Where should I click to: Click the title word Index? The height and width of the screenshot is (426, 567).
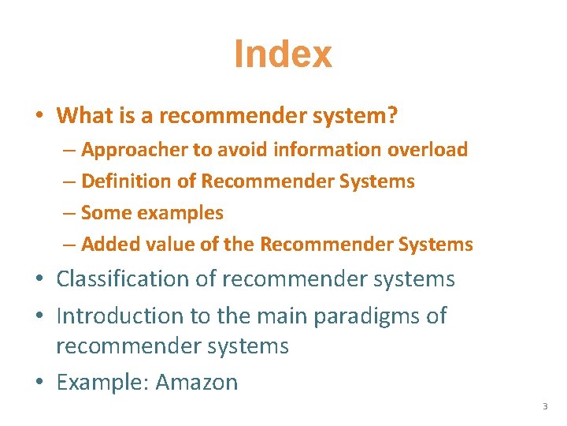[283, 54]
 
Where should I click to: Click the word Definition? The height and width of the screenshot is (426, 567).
[126, 181]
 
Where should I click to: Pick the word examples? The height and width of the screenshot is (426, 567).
[183, 213]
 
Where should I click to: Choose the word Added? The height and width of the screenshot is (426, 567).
[107, 245]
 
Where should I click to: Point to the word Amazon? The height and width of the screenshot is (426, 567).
[197, 383]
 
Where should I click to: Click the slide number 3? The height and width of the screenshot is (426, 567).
[544, 406]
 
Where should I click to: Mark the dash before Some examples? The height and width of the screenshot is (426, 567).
[69, 213]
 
